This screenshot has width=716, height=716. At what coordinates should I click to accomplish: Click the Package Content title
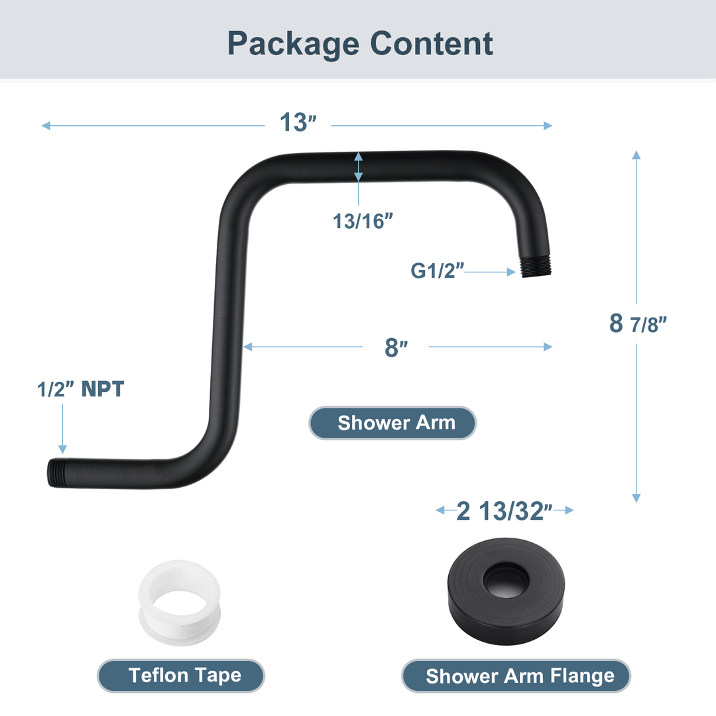click(360, 43)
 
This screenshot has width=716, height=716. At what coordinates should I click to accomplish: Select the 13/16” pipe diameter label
click(359, 221)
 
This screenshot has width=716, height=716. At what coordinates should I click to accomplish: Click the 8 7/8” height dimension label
click(637, 324)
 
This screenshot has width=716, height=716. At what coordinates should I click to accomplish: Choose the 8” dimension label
click(396, 347)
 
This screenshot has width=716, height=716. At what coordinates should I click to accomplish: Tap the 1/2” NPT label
click(80, 389)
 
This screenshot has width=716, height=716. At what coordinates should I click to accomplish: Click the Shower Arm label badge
click(392, 423)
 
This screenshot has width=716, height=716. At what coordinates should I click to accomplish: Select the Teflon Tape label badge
click(181, 676)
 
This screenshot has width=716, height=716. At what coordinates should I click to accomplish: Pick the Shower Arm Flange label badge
click(516, 676)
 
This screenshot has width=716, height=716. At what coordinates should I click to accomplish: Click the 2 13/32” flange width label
click(505, 510)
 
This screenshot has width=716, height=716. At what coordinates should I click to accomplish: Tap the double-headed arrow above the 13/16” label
click(359, 166)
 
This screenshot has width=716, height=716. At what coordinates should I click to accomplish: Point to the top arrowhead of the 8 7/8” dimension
click(636, 155)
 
